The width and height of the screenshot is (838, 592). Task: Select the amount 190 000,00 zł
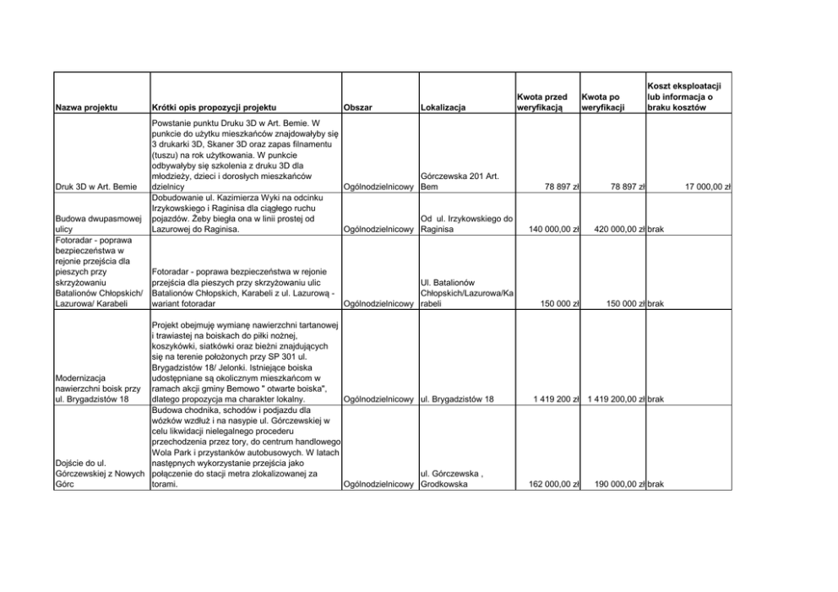click(x=612, y=485)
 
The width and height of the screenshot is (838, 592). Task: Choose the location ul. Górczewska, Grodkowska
click(x=451, y=480)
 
